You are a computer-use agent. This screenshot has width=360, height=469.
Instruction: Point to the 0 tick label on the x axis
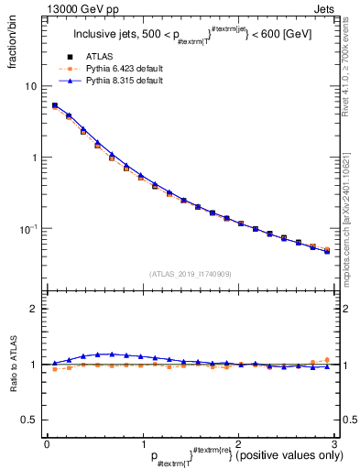coord(47,444)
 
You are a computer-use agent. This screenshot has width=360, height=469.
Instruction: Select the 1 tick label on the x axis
coord(142,444)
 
